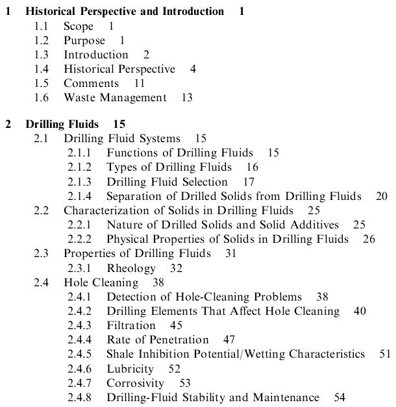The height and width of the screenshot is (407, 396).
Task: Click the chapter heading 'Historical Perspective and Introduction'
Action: (x=125, y=12)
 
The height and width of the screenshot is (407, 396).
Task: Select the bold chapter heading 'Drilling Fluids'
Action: (x=62, y=124)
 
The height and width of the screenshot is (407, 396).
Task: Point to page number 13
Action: (x=187, y=97)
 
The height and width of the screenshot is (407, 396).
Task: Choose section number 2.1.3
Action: (x=79, y=182)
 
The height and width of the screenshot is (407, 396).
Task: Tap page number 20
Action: (x=382, y=196)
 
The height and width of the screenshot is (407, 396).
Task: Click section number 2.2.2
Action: (x=79, y=239)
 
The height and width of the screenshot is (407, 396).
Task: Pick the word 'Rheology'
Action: (x=131, y=267)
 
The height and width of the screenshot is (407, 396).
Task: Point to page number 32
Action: (x=176, y=267)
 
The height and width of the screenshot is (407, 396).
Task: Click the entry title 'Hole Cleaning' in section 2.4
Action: (x=101, y=282)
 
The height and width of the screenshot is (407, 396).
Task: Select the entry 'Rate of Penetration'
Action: (x=158, y=339)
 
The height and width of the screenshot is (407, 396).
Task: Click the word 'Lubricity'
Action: (x=130, y=368)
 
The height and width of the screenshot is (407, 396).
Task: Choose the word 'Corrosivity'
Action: (x=135, y=382)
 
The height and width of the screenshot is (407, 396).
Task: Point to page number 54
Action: (x=340, y=397)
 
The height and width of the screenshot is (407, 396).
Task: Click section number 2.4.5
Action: (x=79, y=354)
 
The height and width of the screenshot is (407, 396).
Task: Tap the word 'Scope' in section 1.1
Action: (x=78, y=26)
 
